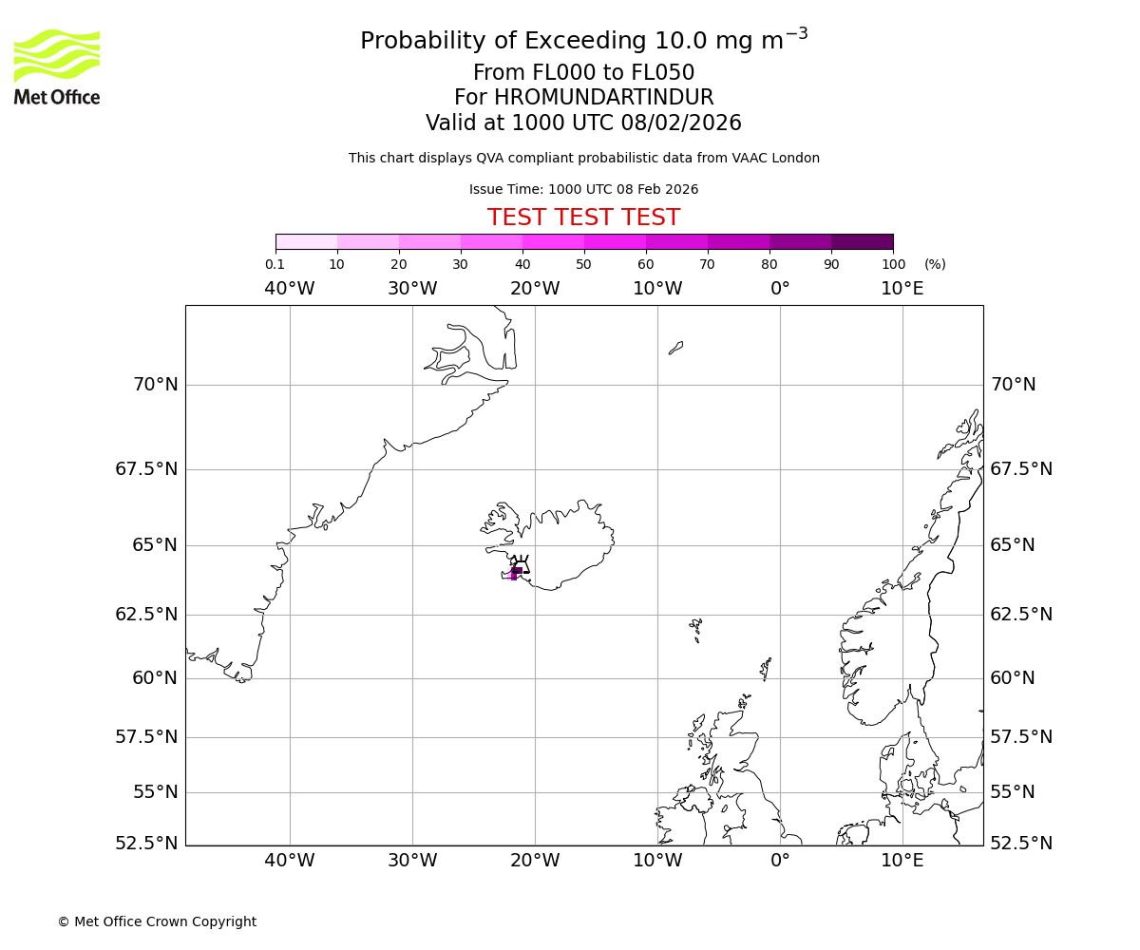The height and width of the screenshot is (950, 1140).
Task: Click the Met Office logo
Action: coord(57,66)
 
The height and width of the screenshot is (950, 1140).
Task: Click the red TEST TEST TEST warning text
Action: coord(583,218)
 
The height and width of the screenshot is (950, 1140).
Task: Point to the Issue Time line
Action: coord(583,189)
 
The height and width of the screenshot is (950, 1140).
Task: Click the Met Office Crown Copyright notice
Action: coord(157,921)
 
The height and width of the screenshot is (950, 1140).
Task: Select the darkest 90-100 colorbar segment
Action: coord(862,241)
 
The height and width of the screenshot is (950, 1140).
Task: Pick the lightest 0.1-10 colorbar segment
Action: coord(306,241)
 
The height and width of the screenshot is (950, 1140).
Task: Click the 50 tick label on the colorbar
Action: coord(583,264)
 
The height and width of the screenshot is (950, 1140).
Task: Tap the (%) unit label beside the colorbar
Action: coord(935,264)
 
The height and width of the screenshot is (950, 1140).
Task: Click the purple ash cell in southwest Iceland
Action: coord(515,573)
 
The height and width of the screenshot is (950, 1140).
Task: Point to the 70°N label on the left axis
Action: coord(155,385)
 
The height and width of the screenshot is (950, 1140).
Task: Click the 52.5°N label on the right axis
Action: coord(1021,843)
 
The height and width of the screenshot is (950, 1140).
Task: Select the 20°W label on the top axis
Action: coord(535,289)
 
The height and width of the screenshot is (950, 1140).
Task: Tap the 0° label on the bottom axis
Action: coord(780,861)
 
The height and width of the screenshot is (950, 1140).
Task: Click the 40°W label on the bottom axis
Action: coord(289,861)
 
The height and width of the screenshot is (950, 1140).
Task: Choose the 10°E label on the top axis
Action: coord(902,289)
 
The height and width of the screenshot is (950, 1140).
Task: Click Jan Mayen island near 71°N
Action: coord(675,348)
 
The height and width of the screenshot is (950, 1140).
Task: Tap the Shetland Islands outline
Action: coord(766,668)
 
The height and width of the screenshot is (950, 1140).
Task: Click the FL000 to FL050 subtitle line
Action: coord(583,73)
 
